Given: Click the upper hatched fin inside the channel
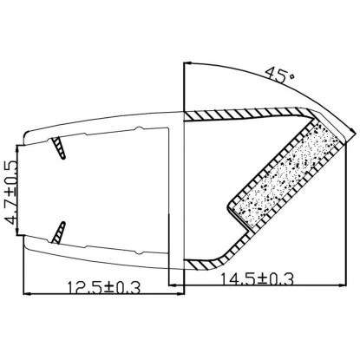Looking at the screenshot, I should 58,147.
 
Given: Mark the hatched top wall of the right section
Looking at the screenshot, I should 243,114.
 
